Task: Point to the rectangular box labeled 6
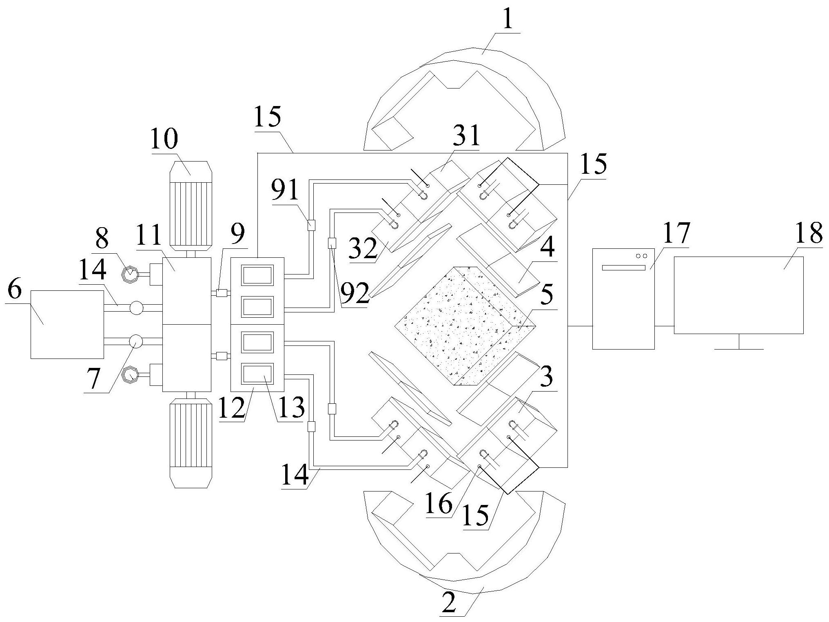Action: click(67, 324)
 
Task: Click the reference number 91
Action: click(286, 191)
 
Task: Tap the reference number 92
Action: click(355, 294)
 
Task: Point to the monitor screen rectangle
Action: click(738, 295)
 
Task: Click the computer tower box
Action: click(623, 299)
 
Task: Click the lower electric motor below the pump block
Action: click(191, 443)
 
